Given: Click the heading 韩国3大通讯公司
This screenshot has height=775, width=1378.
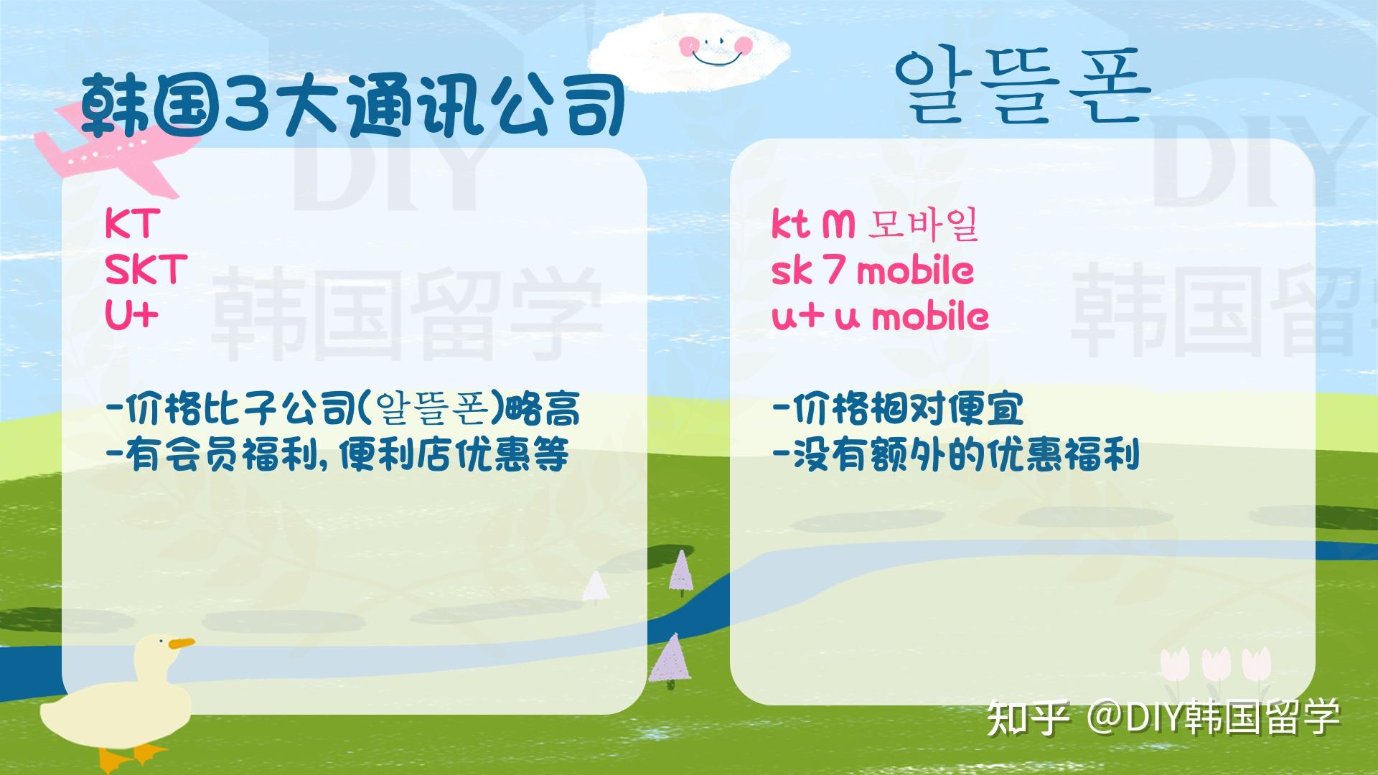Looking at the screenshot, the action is (352, 105).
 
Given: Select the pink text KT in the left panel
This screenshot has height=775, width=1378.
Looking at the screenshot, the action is (129, 224).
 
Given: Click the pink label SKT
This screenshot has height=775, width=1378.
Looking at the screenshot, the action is (146, 270).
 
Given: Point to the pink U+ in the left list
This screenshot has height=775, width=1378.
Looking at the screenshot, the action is (131, 315).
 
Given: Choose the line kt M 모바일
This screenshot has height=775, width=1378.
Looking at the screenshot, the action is (875, 225).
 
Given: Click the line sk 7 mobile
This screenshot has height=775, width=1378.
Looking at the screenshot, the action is (873, 271).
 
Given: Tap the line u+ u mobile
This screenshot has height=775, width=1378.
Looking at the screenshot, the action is (880, 316).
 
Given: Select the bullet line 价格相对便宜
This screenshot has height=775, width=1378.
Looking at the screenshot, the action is (897, 409).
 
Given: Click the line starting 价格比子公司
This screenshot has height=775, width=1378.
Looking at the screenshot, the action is (342, 409).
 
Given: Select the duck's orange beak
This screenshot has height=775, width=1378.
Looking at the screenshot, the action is (182, 644).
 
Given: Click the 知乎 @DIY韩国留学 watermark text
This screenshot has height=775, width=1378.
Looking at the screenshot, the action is (1163, 718).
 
